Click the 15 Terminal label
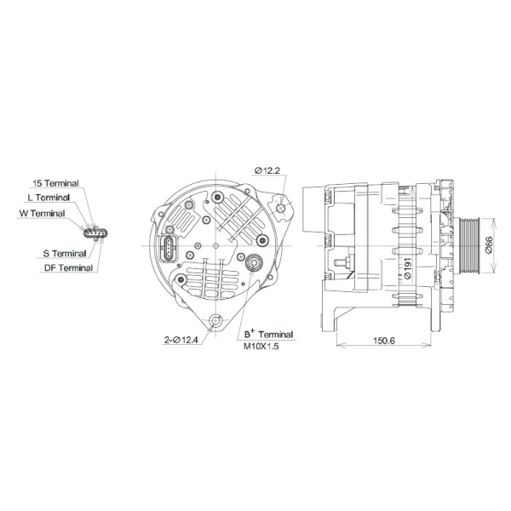pyautogui.click(x=55, y=183)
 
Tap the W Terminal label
pyautogui.click(x=42, y=212)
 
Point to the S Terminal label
pyautogui.click(x=64, y=253)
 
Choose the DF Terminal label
pyautogui.click(x=68, y=267)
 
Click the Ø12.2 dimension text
pyautogui.click(x=267, y=170)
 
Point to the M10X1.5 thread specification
pyautogui.click(x=261, y=347)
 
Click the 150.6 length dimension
pyautogui.click(x=384, y=341)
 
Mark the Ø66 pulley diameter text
pyautogui.click(x=490, y=245)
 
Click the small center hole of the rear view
pyautogui.click(x=217, y=246)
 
